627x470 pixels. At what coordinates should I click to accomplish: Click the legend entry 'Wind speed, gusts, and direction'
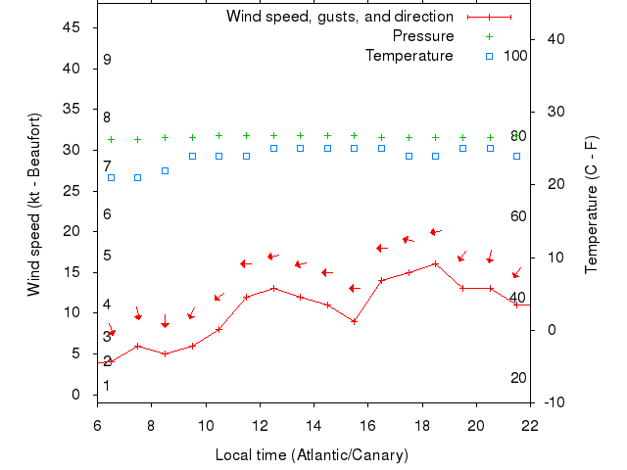coord(340,17)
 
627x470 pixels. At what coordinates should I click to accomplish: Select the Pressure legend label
coord(423,36)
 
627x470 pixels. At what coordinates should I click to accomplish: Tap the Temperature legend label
coord(410,56)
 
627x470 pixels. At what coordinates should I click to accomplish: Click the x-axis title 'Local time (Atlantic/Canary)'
coord(312,455)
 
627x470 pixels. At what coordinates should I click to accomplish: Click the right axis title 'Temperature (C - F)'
coord(592,204)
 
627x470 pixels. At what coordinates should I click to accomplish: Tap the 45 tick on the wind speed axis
coord(72,27)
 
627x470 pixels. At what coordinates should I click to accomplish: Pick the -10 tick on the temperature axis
coord(553,401)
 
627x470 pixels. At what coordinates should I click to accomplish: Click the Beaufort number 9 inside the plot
coord(107,60)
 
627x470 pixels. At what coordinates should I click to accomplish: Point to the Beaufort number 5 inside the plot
coord(107,256)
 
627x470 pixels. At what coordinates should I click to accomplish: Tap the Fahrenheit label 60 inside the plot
coord(518,216)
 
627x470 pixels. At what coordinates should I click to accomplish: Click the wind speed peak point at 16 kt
coord(435,263)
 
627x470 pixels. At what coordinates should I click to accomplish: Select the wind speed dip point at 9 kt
coord(354,320)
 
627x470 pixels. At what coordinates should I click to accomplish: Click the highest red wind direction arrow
coord(435,232)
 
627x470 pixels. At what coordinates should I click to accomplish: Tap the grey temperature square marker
coord(165,170)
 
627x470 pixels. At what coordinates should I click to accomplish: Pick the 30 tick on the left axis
coord(72,150)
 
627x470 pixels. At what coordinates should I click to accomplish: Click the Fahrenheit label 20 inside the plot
coord(518,378)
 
